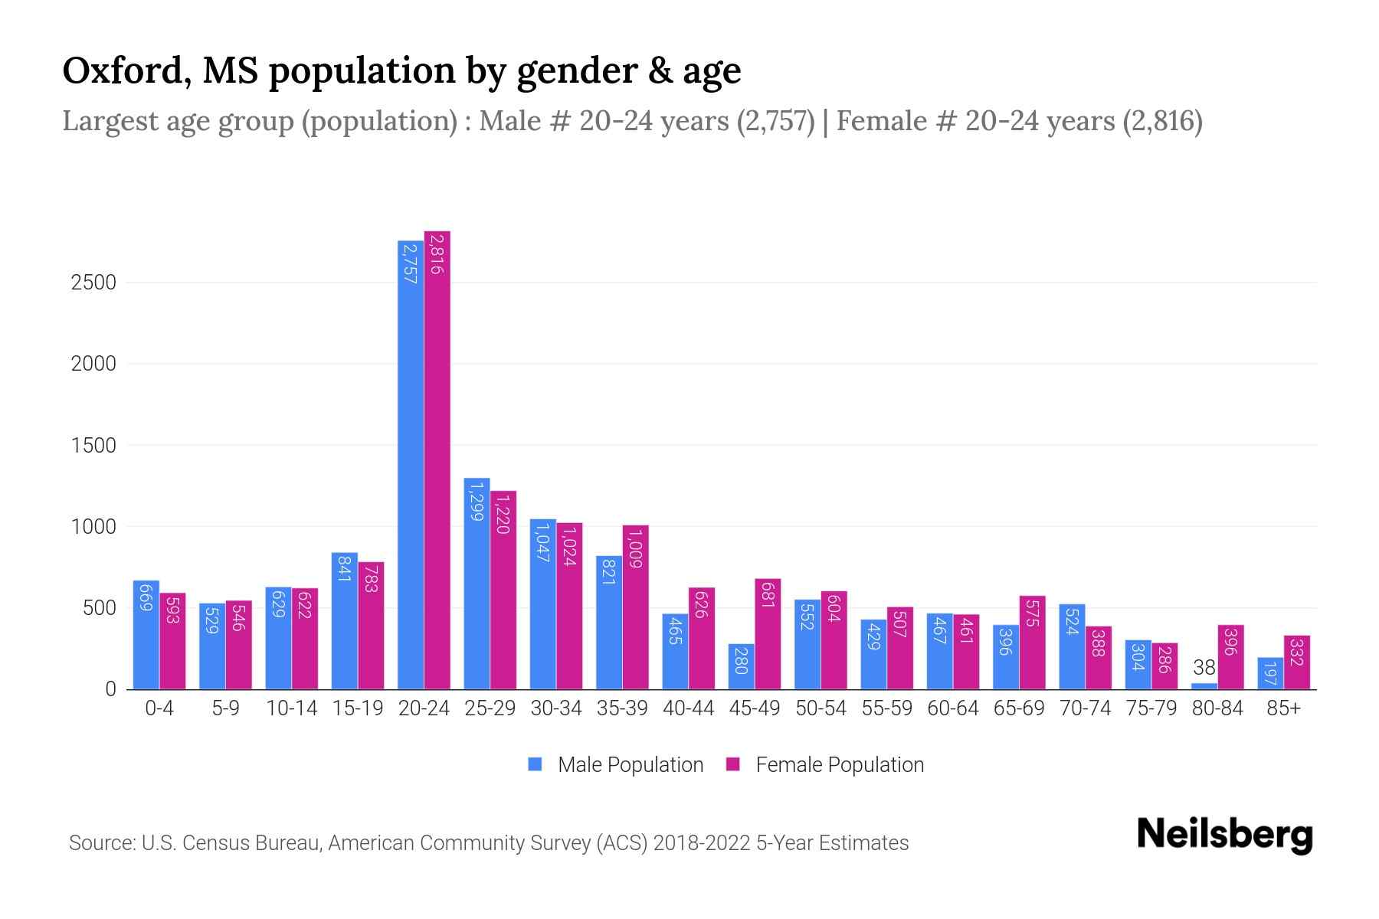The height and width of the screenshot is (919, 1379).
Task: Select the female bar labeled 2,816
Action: [x=437, y=459]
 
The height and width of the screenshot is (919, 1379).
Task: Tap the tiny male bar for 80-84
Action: [x=1204, y=686]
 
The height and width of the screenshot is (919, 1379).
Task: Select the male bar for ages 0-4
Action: [x=146, y=635]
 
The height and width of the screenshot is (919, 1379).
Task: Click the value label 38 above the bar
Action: [x=1204, y=668]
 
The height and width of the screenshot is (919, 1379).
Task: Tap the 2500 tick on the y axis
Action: [x=93, y=283]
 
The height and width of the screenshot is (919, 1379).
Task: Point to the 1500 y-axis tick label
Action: [x=93, y=446]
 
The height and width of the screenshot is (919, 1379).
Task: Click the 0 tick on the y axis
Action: [x=110, y=689]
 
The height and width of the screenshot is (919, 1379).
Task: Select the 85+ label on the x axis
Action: [x=1283, y=708]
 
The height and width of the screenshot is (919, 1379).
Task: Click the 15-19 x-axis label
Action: [x=358, y=708]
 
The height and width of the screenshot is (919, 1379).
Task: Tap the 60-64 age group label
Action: [x=952, y=708]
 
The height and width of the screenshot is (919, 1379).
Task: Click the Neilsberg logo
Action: [x=1224, y=835]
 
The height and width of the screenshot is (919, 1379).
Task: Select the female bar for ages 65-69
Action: [x=1032, y=643]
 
